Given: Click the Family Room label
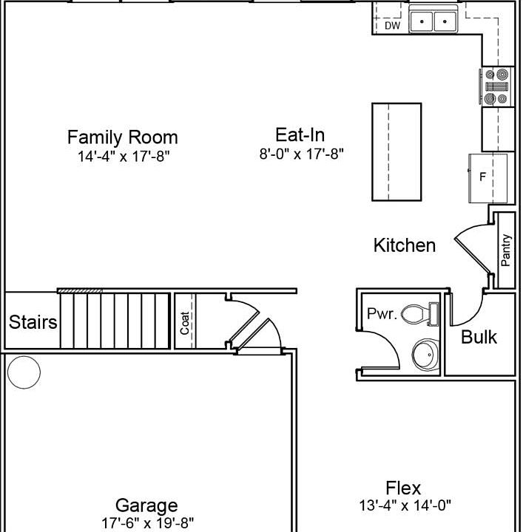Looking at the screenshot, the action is coord(123,137).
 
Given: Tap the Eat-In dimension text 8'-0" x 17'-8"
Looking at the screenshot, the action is coord(302,154).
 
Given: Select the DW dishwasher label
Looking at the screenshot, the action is coord(392,25).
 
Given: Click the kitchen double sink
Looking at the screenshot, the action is coord(433,21).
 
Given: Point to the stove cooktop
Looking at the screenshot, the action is coord(497,86).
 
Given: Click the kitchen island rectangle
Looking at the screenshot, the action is coord(397,151).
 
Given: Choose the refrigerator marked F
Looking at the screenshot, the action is coord(488,178).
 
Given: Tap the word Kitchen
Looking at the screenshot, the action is coord(405,245).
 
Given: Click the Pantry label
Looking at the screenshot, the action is coord(506,250).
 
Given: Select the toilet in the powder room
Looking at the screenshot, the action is coord(419,314).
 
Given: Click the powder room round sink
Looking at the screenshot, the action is coord(425,355).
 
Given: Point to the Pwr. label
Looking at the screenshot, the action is coord(382,314).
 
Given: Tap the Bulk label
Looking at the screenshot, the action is coord(479,337).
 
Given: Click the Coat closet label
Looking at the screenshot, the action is coord(185,323).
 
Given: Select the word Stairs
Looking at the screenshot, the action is coord(33,322).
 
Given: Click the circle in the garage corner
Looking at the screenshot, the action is coord(24,372).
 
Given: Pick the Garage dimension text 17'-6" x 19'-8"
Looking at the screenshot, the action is coord(147,523).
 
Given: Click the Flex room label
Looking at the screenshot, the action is coord(403,488).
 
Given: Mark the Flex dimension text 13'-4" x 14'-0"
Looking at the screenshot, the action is coord(405,505).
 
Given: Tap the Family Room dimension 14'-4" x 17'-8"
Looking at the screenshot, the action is coord(124,157).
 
